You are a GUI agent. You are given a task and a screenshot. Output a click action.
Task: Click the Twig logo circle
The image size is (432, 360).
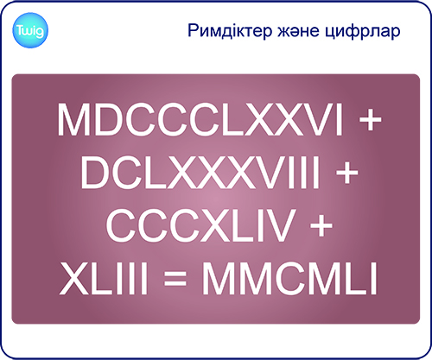point(30,30)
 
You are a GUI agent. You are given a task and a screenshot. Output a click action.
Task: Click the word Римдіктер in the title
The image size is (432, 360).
point(230,31)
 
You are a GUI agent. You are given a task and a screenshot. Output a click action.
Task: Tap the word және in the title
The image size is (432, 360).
point(298,30)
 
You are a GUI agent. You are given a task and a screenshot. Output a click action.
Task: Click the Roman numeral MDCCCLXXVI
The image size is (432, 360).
point(200,120)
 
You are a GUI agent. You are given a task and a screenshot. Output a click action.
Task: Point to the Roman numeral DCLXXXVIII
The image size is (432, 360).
point(200,172)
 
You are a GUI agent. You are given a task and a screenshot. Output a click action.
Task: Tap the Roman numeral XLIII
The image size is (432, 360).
point(104,278)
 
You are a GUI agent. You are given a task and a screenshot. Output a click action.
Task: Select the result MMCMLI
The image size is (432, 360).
point(289,278)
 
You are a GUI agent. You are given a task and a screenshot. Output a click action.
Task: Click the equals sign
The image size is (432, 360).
point(175,280)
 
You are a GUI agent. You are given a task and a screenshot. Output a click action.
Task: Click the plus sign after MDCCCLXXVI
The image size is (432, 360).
point(370,121)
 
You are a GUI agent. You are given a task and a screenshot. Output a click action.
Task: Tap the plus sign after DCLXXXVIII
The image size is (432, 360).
point(346,174)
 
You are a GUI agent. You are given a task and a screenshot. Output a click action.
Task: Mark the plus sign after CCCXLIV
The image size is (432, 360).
point(321,226)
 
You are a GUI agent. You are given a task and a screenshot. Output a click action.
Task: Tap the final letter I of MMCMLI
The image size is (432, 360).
point(374,278)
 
